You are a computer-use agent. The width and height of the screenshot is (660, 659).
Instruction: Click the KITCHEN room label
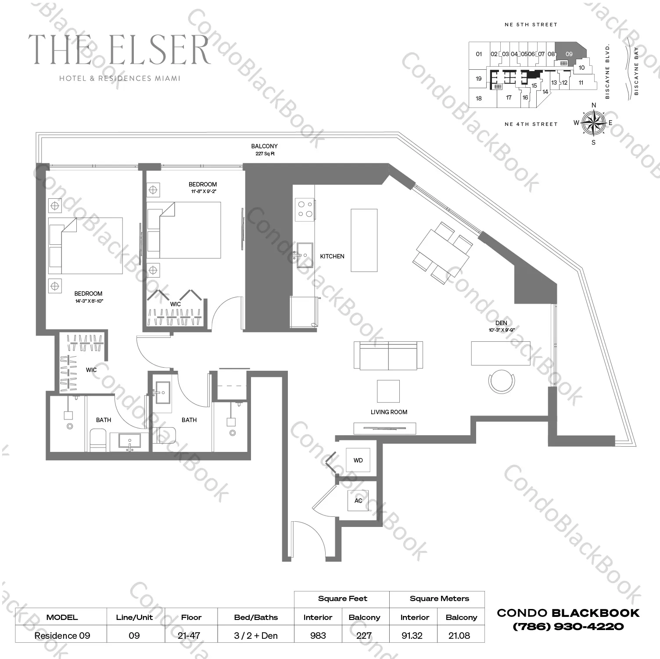(332, 256)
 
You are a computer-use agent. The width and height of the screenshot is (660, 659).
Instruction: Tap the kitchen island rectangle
(364, 240)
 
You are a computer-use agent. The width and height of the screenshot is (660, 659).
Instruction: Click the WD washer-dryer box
(358, 460)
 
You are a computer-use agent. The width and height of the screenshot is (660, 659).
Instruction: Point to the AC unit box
(358, 501)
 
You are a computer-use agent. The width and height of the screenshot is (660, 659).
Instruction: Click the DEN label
(501, 323)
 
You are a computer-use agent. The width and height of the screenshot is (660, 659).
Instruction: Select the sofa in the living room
(388, 355)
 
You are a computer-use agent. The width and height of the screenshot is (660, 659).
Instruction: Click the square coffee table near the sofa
(388, 391)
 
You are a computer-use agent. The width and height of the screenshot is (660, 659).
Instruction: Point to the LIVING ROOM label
(389, 412)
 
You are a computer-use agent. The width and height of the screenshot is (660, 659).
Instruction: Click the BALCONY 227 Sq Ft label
(264, 150)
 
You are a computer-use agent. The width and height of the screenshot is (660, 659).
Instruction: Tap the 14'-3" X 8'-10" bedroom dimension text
(89, 301)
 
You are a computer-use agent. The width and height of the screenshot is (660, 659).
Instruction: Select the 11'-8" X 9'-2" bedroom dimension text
(203, 191)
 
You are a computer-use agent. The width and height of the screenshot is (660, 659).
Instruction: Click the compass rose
(593, 122)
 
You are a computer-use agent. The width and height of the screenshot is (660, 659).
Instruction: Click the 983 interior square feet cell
(318, 635)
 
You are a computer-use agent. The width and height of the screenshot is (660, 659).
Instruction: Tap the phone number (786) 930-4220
(568, 627)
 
